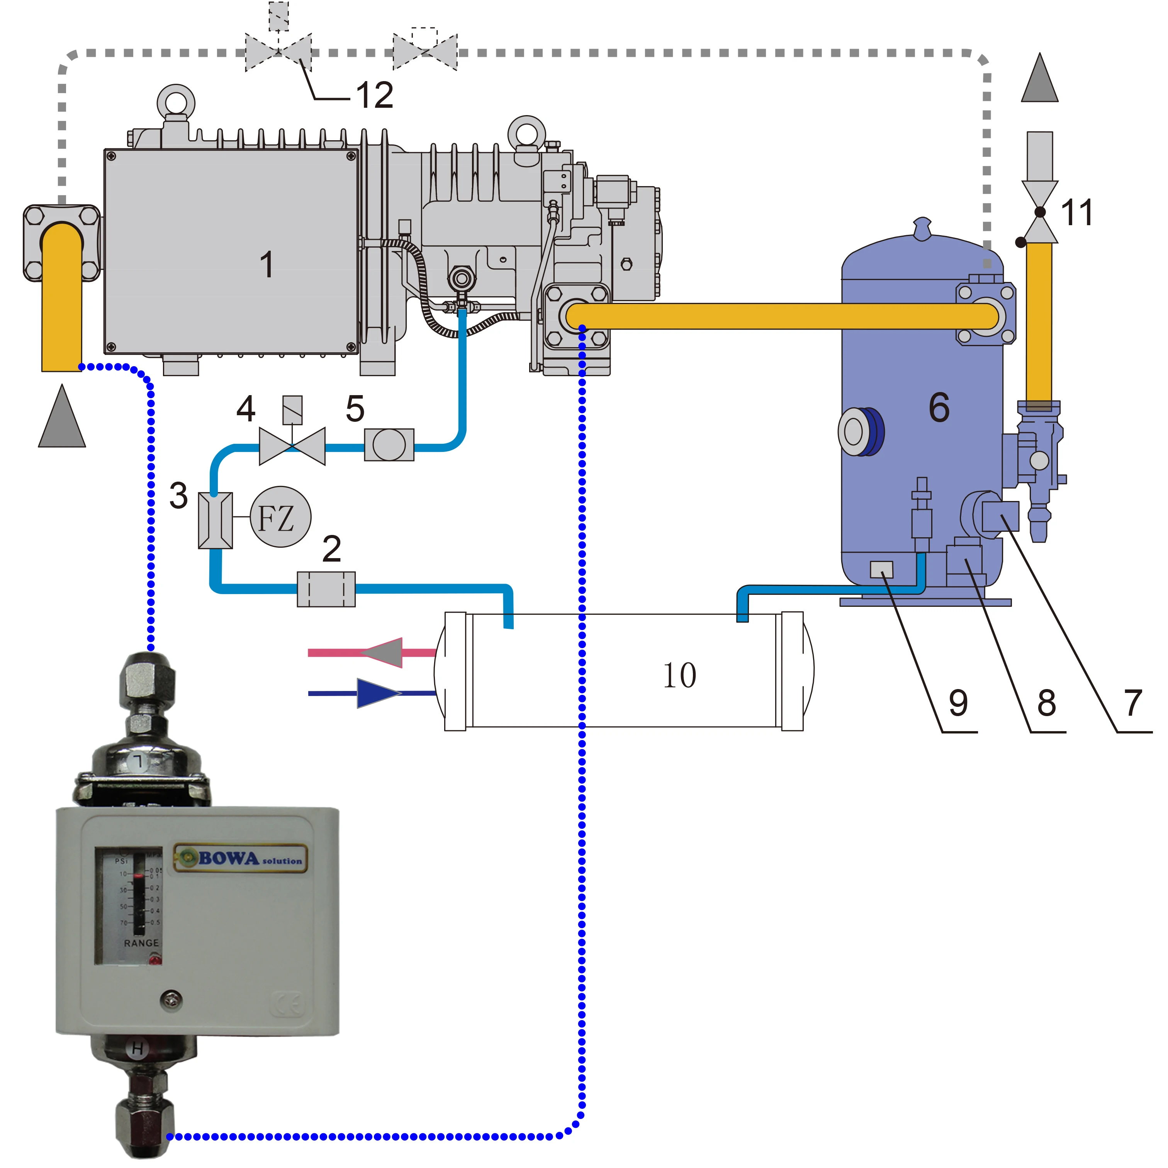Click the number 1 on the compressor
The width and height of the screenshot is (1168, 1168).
point(267,265)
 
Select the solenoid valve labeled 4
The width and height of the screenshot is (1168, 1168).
point(292,446)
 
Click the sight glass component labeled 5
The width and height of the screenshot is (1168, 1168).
point(389,445)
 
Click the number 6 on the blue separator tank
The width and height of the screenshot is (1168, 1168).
point(939,407)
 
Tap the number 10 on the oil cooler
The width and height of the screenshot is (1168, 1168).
point(679,675)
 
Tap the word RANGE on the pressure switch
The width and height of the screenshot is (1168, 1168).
point(141,943)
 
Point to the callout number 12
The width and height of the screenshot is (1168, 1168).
point(375,95)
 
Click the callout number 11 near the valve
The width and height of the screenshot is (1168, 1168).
point(1077,213)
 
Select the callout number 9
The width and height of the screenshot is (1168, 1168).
point(958,703)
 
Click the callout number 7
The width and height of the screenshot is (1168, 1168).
point(1133,703)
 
